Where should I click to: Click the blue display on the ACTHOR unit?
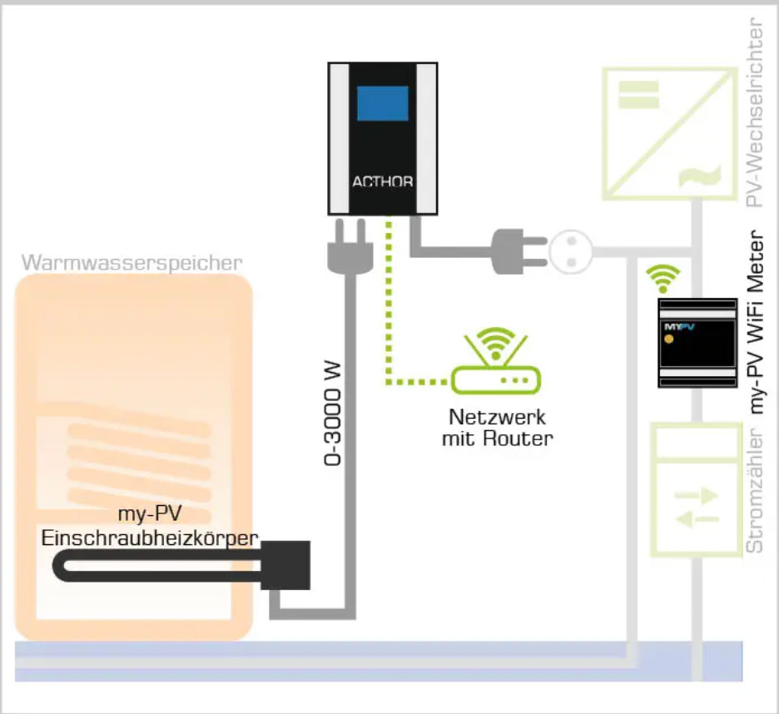[x=383, y=104]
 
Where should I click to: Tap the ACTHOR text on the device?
[x=383, y=182]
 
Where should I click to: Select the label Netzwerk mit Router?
[x=497, y=428]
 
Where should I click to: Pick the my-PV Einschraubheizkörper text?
[x=150, y=528]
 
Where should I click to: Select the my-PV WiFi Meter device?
[x=697, y=342]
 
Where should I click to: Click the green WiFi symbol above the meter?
[x=663, y=276]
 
